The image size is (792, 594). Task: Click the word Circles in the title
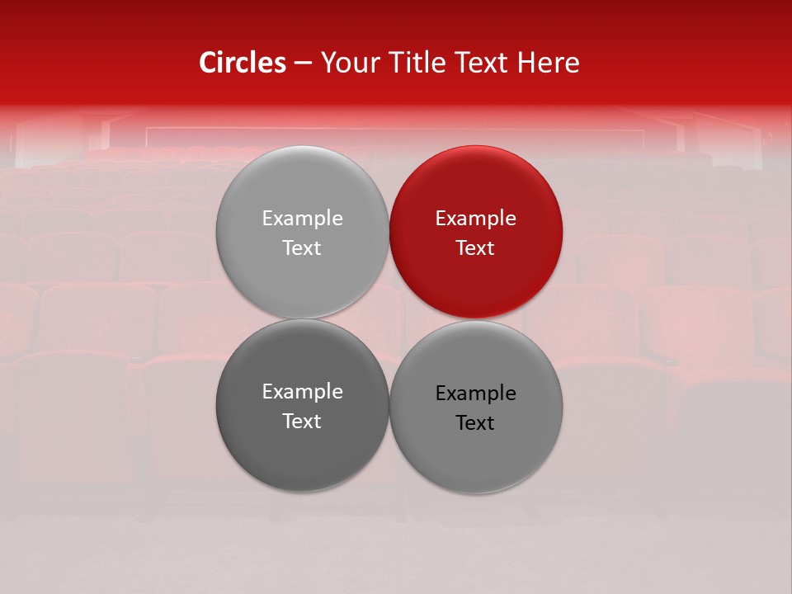[242, 63]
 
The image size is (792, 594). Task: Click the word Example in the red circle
[475, 219]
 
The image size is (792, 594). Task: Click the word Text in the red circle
[475, 248]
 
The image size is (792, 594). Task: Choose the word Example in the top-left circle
[302, 219]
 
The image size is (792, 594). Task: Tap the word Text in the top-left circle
[302, 248]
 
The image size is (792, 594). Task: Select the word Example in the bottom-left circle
[302, 392]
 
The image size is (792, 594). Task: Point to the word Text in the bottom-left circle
[302, 422]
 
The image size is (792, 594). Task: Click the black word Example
[475, 394]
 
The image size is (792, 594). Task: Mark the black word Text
[475, 423]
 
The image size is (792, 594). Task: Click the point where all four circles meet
[389, 319]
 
